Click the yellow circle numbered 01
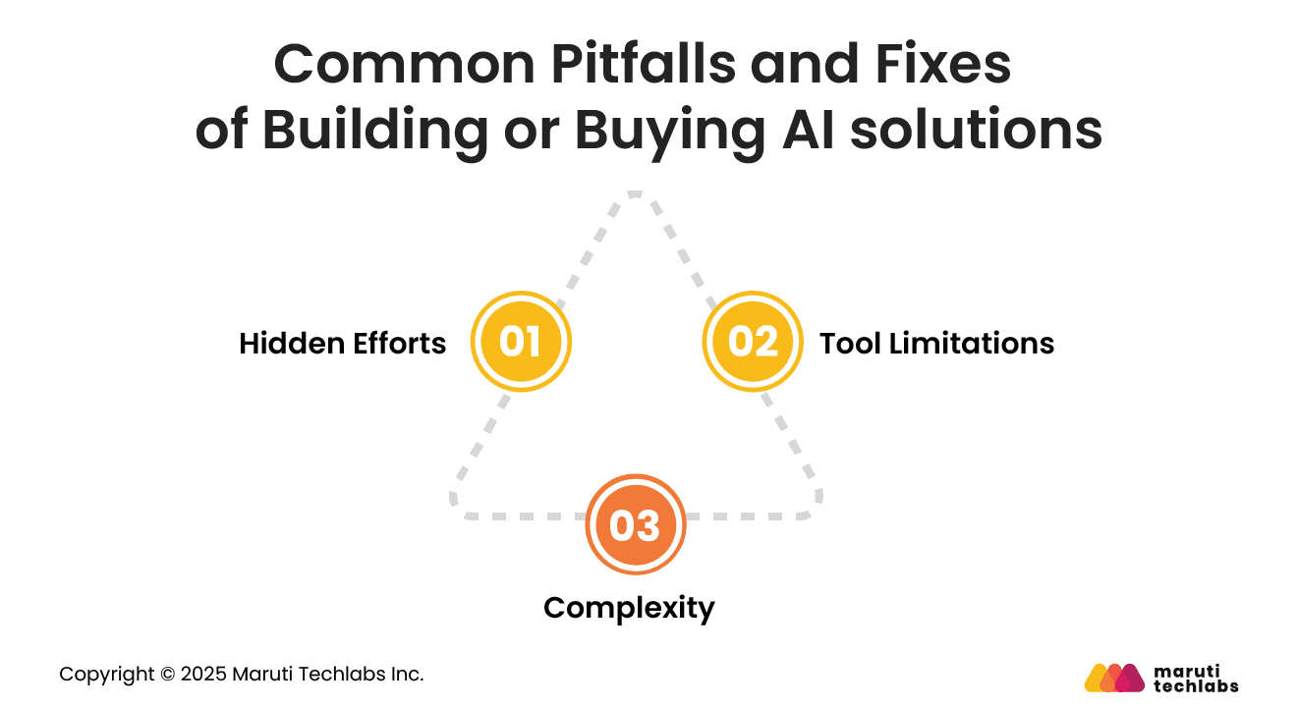coord(521,342)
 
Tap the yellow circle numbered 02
coord(753,342)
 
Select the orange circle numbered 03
coord(635,525)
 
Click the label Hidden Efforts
coord(343,344)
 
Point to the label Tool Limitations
coord(936,344)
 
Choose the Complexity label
coord(629,608)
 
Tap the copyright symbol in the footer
coord(168,675)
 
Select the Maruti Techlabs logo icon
coord(1114,678)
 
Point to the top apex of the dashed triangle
coord(635,193)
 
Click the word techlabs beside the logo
coord(1196,686)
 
